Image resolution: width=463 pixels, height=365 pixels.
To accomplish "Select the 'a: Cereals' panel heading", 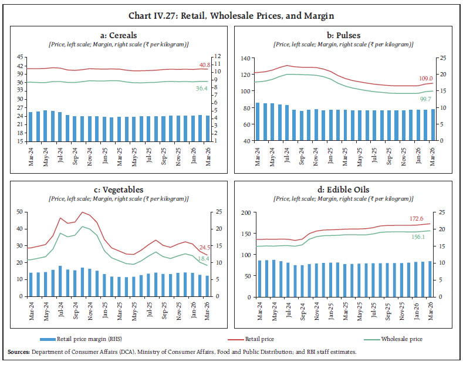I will pos(119,35).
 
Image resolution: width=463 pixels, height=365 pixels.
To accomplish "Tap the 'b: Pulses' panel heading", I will pos(345,35).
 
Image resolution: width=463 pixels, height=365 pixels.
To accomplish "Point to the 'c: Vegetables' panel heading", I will pos(119,190).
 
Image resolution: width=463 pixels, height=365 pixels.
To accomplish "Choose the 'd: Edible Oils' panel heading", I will pos(345,190).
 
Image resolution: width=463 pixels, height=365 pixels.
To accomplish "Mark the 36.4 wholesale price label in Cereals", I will pos(202,88).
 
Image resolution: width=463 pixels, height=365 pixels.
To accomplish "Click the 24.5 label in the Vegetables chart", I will pos(202,247).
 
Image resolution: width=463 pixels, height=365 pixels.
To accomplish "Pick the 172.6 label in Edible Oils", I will pos(414,218).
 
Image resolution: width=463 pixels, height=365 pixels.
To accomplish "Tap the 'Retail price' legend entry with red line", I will pos(258,339).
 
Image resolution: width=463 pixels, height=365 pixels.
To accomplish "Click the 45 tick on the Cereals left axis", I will pos(21,57).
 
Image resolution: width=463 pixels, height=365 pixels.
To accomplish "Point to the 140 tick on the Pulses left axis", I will pos(245,58).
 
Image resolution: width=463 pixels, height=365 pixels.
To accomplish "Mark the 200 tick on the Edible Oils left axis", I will pos(245,212).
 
